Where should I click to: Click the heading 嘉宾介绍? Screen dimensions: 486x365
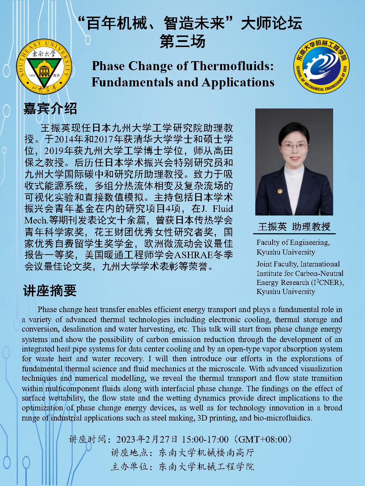point(50,108)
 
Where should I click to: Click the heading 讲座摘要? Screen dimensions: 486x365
point(50,290)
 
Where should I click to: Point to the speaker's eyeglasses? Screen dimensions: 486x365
point(294,146)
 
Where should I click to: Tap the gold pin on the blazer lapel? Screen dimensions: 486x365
point(280,191)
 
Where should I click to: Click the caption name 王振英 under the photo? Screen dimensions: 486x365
point(272,227)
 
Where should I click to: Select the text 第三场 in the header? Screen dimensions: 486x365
point(182,41)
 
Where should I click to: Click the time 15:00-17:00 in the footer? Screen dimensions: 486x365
point(205,439)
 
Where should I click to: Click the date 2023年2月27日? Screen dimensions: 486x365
point(147,439)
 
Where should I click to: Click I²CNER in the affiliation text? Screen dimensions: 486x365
point(327,282)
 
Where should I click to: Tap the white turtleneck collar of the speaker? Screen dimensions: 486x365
point(294,174)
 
